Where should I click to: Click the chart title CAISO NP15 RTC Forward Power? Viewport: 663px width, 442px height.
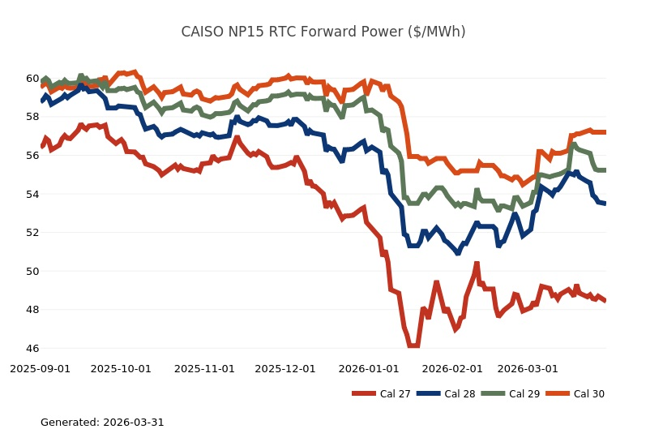point(323,32)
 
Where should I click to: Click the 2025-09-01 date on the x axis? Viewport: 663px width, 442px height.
point(40,368)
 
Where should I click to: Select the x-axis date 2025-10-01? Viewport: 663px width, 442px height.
point(121,368)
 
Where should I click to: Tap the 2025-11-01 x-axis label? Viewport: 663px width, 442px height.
point(204,368)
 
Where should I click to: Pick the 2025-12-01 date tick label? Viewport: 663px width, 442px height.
point(285,368)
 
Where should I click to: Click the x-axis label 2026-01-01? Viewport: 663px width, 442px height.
point(369,368)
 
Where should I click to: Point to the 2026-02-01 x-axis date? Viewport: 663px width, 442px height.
point(452,368)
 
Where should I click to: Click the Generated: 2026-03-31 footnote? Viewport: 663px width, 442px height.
point(102,423)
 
